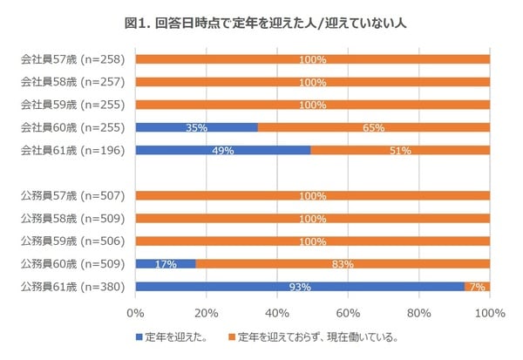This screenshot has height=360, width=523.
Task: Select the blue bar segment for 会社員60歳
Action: click(196, 127)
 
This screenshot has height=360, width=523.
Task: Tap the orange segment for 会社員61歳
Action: click(400, 150)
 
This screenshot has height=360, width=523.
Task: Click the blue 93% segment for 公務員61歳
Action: click(299, 286)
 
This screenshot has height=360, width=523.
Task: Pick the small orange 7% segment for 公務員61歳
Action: click(477, 286)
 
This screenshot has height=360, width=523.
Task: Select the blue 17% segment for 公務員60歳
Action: click(166, 263)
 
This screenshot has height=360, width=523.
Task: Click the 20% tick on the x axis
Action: click(206, 312)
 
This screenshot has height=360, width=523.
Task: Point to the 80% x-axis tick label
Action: click(419, 312)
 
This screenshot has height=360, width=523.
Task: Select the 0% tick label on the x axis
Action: click(135, 312)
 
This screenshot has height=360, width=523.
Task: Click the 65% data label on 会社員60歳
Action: click(373, 127)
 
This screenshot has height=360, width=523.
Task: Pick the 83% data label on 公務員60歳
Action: click(343, 263)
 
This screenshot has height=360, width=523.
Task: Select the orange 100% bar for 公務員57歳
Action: click(312, 195)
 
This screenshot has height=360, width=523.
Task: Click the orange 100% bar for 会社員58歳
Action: click(312, 82)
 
